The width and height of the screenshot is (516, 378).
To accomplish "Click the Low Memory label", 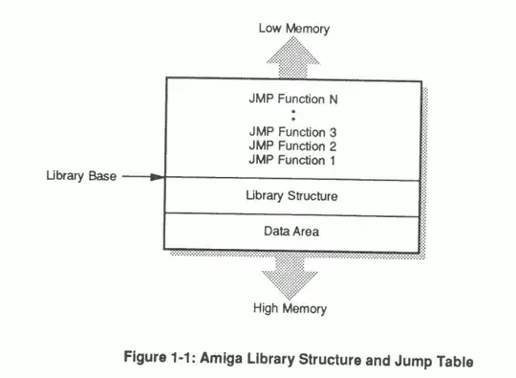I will click(293, 28).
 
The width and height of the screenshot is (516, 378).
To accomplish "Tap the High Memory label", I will click(290, 308).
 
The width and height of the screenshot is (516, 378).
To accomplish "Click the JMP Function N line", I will click(292, 98).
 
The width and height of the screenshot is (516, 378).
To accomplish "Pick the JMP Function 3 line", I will click(292, 131).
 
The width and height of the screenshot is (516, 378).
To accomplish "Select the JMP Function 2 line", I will click(292, 145).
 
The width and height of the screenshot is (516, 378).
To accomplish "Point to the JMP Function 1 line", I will click(292, 160).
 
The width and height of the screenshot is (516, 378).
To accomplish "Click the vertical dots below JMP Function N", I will click(292, 114).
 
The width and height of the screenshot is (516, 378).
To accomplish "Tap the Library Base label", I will click(80, 177).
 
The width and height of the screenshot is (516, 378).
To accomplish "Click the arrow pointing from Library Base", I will click(143, 177).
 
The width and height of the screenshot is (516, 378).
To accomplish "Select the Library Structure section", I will click(292, 196).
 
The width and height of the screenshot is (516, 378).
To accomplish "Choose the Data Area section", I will click(292, 231).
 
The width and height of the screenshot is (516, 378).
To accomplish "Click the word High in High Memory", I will click(267, 308).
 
